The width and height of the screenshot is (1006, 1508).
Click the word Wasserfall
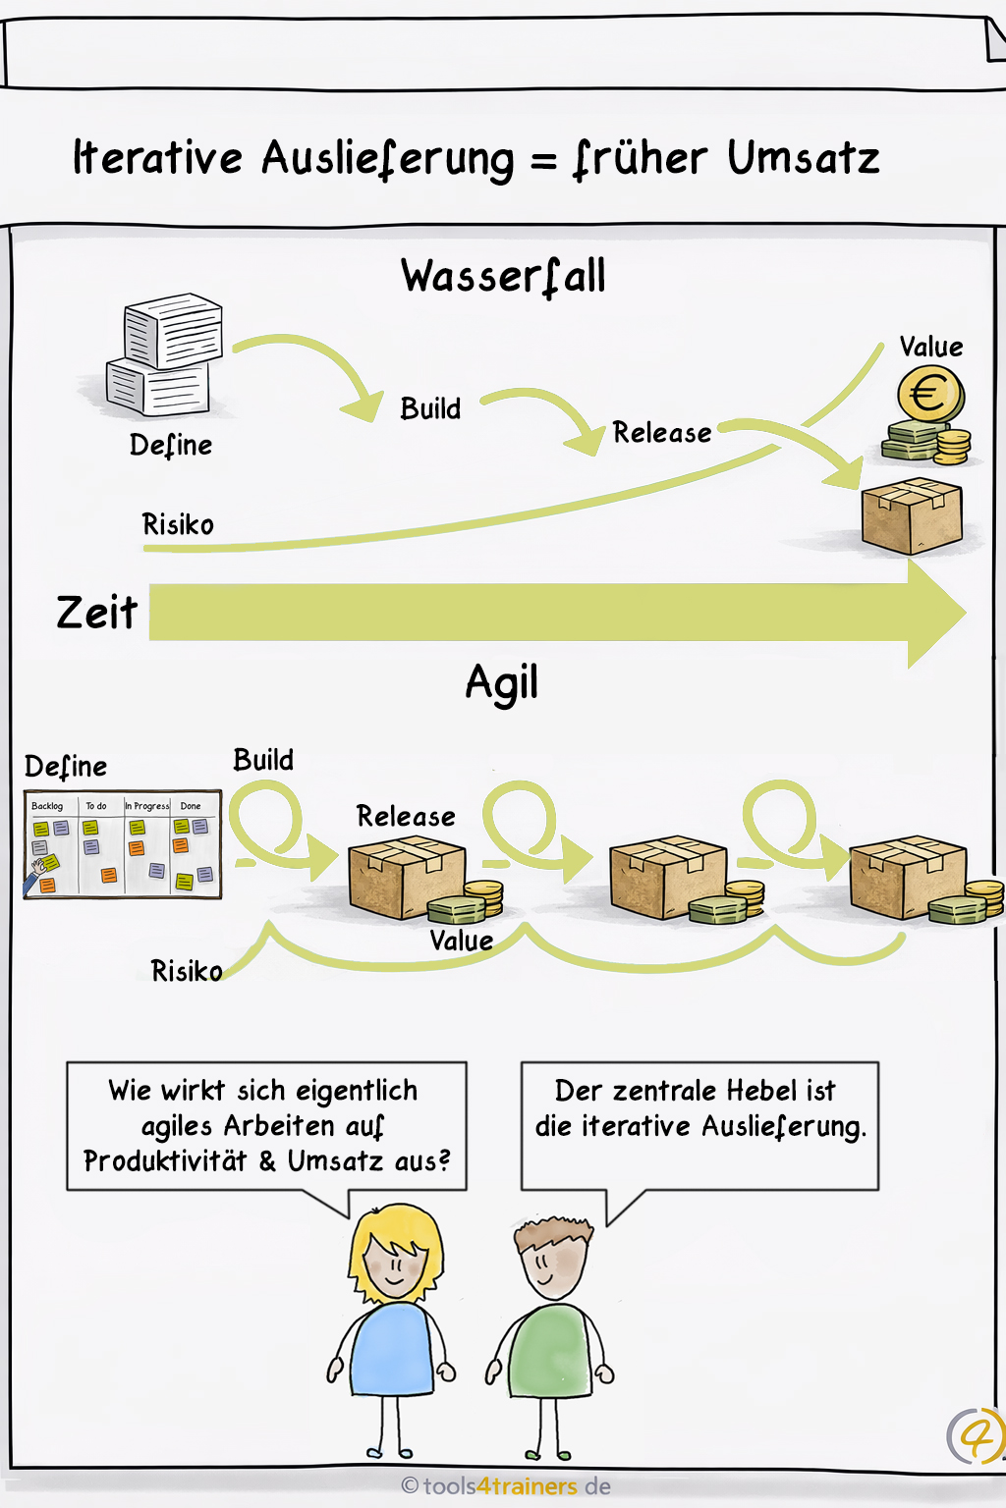coord(503,276)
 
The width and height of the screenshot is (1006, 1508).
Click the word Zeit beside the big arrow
coord(96,613)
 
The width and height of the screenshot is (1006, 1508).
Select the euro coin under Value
coord(929,396)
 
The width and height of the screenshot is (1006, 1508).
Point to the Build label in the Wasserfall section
coord(430,408)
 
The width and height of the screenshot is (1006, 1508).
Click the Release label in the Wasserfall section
coord(661,433)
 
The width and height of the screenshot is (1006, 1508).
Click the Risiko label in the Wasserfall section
coord(178,524)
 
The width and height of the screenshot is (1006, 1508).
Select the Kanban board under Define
coord(123,844)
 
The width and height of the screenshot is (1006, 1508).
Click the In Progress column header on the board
coord(146,806)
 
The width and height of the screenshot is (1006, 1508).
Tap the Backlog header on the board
coord(47,806)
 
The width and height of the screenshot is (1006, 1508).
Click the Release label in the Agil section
coord(406,816)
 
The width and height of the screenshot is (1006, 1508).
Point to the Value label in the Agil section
coord(461,941)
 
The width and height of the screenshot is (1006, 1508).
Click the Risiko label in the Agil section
coord(186,971)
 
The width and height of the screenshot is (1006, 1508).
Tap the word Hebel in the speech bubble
coord(761,1091)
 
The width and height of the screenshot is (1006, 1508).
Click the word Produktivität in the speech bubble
coord(165,1161)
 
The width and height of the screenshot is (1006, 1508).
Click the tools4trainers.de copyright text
coord(507,1486)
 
